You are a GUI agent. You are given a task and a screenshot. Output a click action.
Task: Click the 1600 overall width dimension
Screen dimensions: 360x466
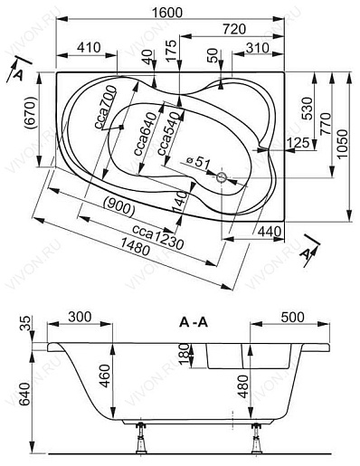click(166, 13)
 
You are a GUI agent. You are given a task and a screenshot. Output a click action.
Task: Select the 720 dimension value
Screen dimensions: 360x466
click(234, 29)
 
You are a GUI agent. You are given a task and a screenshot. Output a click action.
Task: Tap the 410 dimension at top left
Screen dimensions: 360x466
click(89, 48)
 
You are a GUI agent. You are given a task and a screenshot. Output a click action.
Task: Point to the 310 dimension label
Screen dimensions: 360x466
click(257, 48)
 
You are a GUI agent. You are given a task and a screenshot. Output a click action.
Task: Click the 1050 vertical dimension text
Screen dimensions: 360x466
click(343, 144)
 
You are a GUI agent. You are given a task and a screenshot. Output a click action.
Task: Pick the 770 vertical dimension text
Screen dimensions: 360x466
click(326, 124)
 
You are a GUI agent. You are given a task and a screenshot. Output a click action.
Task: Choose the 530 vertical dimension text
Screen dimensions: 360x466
click(307, 109)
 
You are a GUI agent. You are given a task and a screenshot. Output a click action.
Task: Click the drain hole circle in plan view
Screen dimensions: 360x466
click(222, 177)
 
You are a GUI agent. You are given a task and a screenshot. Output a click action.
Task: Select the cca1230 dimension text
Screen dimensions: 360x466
click(158, 237)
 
